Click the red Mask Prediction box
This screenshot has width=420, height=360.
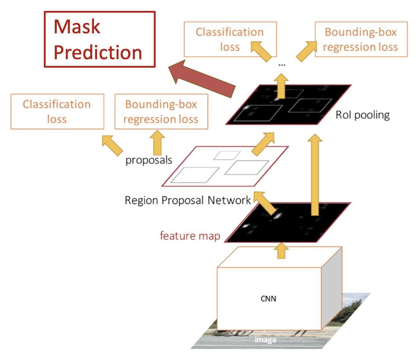99,39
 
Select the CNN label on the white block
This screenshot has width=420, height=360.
268,299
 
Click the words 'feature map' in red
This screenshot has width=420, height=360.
190,235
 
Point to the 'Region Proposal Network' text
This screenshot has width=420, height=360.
188,200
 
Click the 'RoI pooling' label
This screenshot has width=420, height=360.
362,115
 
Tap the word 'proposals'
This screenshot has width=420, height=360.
149,160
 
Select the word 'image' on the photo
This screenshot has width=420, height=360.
265,340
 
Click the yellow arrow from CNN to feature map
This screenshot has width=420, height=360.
281,251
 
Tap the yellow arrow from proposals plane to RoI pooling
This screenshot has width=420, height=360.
263,144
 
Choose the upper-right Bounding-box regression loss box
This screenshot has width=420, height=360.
361,39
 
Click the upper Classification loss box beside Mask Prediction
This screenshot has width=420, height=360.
230,39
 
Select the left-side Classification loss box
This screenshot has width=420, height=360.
57,112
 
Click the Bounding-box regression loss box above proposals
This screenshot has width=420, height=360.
161,112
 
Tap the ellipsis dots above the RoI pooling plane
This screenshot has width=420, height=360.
282,65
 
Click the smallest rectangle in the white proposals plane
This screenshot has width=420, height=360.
227,155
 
